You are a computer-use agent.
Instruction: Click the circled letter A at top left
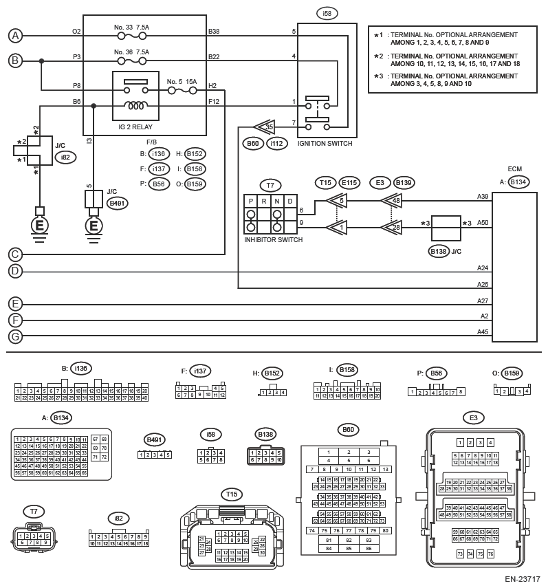click(15, 36)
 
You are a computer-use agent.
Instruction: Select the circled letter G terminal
click(15, 336)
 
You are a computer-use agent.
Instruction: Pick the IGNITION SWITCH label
click(325, 143)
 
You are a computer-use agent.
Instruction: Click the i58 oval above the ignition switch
click(326, 13)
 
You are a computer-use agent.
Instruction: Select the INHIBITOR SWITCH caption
click(273, 239)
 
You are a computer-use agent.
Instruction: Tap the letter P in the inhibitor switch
click(252, 200)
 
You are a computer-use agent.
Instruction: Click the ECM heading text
click(514, 168)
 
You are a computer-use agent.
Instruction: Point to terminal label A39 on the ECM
click(483, 196)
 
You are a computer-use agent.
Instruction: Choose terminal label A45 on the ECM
click(483, 332)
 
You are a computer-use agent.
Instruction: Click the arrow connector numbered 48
click(392, 201)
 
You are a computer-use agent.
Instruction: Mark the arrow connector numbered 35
click(264, 127)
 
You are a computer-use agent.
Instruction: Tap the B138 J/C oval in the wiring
click(438, 251)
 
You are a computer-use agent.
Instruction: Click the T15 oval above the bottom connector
click(232, 494)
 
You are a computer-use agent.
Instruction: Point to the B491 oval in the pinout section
click(155, 439)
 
